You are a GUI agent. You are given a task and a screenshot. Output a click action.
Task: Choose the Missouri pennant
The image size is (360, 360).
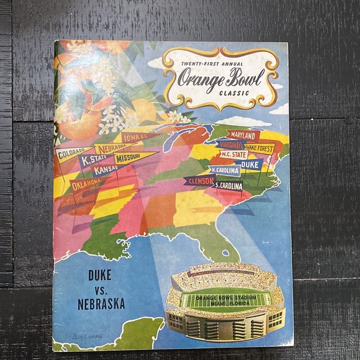(x=132, y=158)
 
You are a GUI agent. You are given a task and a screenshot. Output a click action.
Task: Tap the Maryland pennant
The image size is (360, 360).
(x=242, y=135)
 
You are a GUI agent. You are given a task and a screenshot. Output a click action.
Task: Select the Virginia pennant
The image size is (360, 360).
(x=232, y=145)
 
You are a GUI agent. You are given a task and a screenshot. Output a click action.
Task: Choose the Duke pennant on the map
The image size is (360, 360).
(x=250, y=164)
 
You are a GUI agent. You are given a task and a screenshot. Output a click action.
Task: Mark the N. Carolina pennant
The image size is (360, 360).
(x=225, y=169)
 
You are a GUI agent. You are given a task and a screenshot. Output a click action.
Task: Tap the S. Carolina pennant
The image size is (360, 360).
(x=228, y=185)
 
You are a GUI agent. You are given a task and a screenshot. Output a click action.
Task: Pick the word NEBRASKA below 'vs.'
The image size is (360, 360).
(x=101, y=304)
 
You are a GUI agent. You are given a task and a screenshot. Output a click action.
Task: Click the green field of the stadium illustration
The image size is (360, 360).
(x=225, y=300)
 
